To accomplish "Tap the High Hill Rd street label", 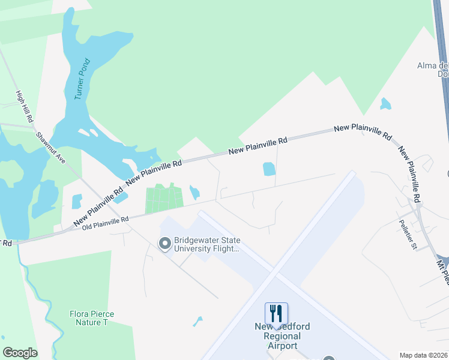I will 23,107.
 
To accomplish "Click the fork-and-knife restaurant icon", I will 276,313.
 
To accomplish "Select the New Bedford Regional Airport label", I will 282,336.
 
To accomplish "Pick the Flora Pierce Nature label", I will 92,318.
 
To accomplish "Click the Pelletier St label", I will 406,235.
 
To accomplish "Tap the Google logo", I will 20,353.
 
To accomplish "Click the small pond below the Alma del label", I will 385,104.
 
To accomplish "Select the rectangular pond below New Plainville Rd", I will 269,169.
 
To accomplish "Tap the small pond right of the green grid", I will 194,193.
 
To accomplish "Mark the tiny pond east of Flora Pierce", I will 198,321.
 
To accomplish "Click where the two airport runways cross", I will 274,275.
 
